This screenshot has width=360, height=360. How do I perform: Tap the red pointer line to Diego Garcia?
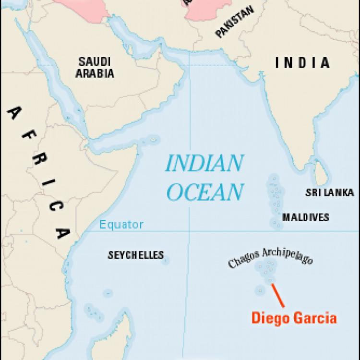278,295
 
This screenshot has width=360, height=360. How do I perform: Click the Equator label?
121,224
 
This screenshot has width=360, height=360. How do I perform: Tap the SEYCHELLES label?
135,255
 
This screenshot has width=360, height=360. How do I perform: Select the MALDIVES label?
306,217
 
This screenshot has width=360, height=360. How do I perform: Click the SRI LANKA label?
329,193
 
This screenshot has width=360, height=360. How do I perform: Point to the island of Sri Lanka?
320,170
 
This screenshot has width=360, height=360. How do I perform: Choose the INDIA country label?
302,63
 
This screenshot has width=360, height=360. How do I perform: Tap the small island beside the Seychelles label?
165,261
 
